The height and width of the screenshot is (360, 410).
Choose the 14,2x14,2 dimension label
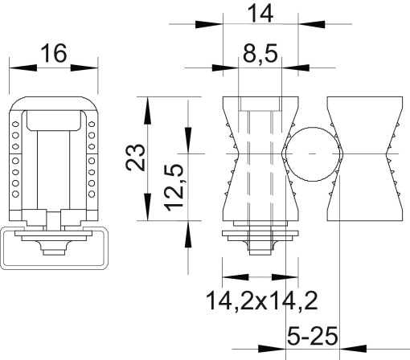(260, 301)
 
